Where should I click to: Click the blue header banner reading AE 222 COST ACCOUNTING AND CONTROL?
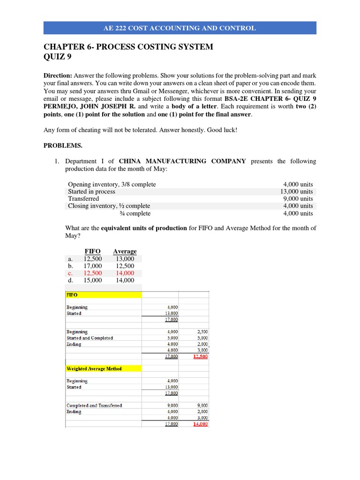click(x=180, y=28)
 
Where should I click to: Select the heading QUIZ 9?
click(x=58, y=58)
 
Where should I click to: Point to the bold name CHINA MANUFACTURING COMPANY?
click(x=182, y=161)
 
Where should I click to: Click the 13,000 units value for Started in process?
click(x=297, y=191)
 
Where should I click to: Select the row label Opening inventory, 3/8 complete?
click(x=112, y=184)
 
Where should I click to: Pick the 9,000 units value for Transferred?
click(x=298, y=199)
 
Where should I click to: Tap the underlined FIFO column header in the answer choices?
click(x=92, y=251)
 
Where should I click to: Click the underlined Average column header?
click(x=125, y=251)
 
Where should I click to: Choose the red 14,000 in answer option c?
click(x=124, y=273)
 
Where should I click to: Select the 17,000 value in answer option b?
click(x=92, y=266)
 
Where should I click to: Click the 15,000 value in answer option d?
click(x=92, y=280)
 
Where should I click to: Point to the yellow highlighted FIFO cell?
click(x=103, y=295)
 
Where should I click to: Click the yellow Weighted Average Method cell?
click(x=103, y=369)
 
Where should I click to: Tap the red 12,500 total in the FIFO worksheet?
click(x=201, y=357)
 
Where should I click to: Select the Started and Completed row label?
click(x=90, y=338)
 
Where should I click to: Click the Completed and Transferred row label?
click(x=94, y=405)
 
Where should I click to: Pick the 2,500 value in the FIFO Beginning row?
click(x=202, y=332)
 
